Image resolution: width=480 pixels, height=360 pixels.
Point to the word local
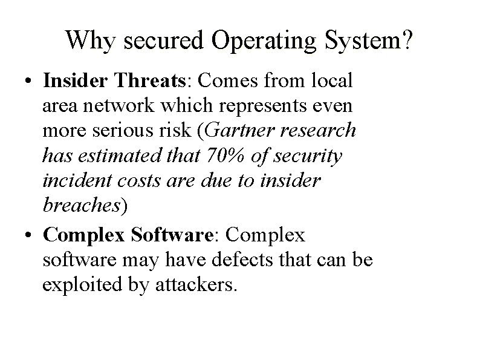pos(335,81)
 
